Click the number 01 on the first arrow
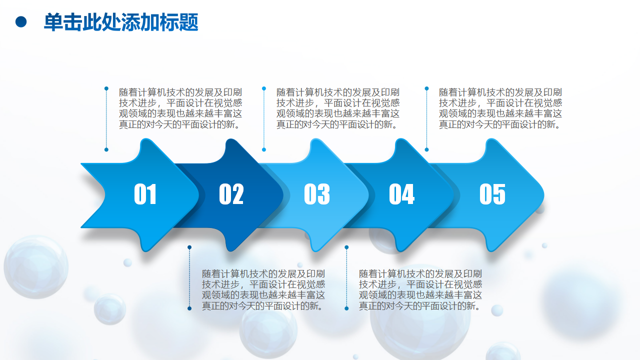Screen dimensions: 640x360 (145, 194)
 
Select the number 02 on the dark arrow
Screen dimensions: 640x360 (231, 194)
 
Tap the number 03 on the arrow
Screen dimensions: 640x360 (317, 194)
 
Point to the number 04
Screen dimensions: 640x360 (401, 194)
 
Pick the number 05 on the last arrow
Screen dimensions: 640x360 (492, 194)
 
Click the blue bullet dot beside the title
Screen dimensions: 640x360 (21, 22)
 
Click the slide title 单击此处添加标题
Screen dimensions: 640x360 (121, 22)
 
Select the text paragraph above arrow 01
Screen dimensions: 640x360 (180, 108)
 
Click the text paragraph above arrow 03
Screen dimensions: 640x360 (337, 108)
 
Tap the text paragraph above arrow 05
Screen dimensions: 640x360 (500, 108)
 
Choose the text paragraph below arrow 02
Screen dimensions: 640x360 (263, 289)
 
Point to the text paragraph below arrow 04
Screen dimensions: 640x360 (420, 289)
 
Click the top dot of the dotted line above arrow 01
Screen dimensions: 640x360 (106, 88)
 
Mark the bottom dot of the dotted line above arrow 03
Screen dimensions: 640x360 (263, 149)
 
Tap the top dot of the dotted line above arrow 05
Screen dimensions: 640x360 (426, 88)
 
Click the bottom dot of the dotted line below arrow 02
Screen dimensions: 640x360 (189, 308)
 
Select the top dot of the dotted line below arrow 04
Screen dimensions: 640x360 (346, 247)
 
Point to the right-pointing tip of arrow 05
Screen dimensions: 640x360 (543, 195)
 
